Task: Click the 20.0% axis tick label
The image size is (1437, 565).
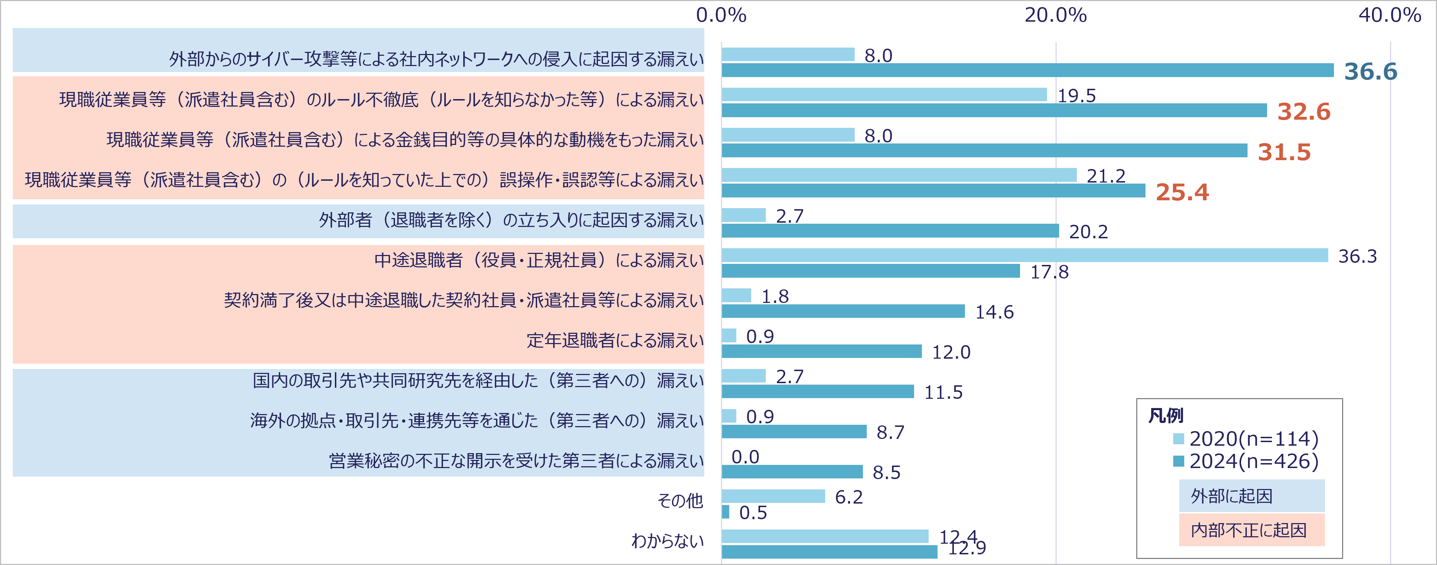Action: pyautogui.click(x=1056, y=15)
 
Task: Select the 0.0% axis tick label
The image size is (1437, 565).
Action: pyautogui.click(x=721, y=15)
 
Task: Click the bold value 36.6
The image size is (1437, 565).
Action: pyautogui.click(x=1371, y=72)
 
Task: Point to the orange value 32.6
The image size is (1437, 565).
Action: pyautogui.click(x=1304, y=112)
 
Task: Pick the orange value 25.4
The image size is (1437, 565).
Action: pyautogui.click(x=1182, y=192)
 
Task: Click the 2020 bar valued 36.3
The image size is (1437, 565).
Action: pyautogui.click(x=1025, y=255)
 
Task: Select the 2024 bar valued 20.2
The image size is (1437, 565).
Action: pyautogui.click(x=890, y=231)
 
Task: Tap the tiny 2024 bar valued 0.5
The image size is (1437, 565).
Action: pyautogui.click(x=726, y=511)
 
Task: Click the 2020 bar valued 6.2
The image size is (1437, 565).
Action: pyautogui.click(x=773, y=496)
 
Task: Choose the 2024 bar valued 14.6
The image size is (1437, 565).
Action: pyautogui.click(x=843, y=311)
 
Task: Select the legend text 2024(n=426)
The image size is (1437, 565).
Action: pyautogui.click(x=1254, y=461)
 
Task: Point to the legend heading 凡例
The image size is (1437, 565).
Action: pyautogui.click(x=1165, y=415)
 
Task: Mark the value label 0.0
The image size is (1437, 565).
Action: pyautogui.click(x=745, y=457)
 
